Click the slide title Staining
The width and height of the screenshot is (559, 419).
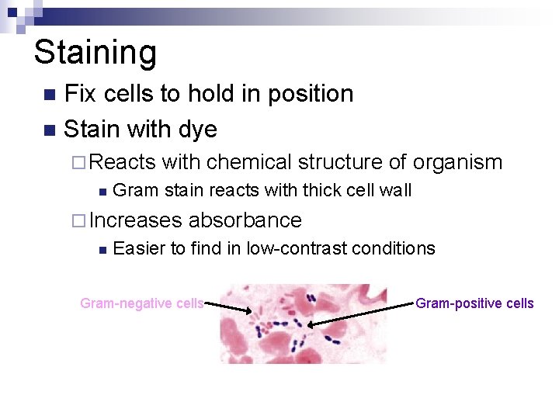(95, 53)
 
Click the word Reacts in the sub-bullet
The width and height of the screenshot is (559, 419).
(123, 162)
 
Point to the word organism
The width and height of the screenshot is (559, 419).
(457, 162)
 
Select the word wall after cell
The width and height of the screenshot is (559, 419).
(397, 190)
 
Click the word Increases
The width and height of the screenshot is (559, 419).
(135, 220)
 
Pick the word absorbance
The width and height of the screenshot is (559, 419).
(245, 220)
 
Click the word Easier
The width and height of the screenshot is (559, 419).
(138, 248)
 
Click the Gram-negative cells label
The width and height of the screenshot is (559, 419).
(142, 303)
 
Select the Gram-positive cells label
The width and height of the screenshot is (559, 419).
(474, 303)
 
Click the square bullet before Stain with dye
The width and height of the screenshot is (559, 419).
(50, 130)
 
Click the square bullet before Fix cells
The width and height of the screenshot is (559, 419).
(50, 95)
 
